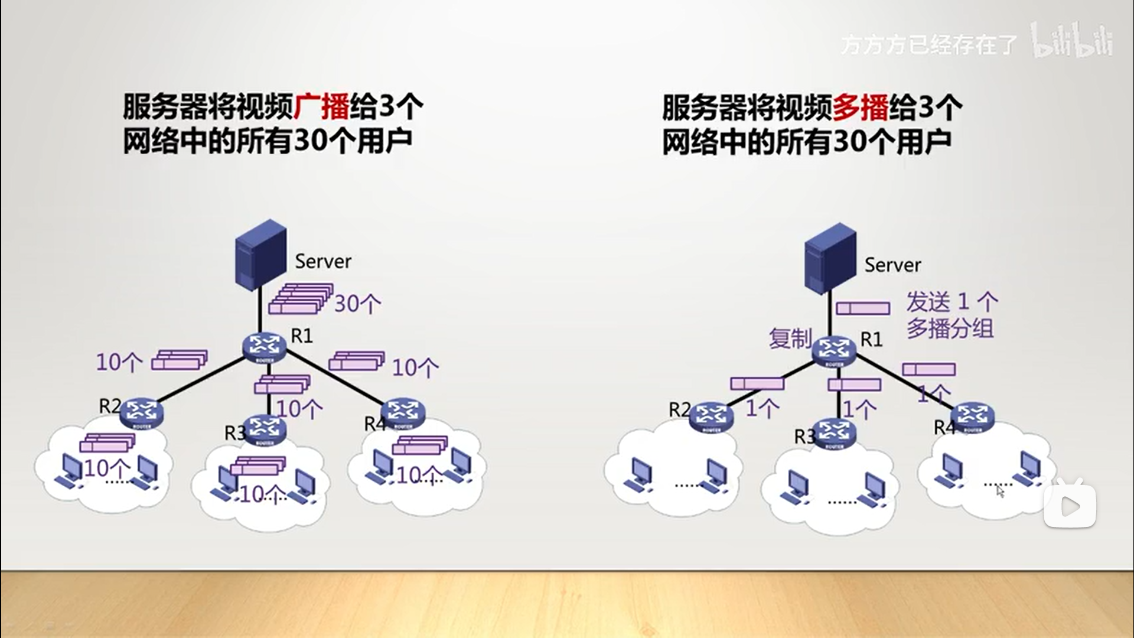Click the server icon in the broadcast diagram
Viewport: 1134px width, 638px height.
coord(260,255)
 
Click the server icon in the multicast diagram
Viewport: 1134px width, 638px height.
coord(830,259)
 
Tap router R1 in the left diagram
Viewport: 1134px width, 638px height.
coord(265,347)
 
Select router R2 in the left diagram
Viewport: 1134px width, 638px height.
coord(141,412)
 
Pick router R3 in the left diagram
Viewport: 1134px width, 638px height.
coord(265,429)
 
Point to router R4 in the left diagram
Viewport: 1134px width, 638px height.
coord(403,412)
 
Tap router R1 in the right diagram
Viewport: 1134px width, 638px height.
coord(833,350)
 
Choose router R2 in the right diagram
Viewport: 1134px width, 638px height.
coord(711,417)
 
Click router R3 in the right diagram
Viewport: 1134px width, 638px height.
coord(834,433)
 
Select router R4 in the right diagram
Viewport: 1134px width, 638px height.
coord(972,417)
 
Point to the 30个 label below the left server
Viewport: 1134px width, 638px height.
coord(357,304)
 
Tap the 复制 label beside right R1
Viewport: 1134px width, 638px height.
coord(790,338)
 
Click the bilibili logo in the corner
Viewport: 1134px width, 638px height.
coord(1072,41)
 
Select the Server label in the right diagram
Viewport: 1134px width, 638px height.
coord(892,265)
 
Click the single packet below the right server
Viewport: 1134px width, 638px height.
coord(863,308)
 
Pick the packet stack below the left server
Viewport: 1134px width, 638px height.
coord(301,298)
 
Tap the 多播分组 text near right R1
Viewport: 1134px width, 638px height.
coord(950,328)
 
